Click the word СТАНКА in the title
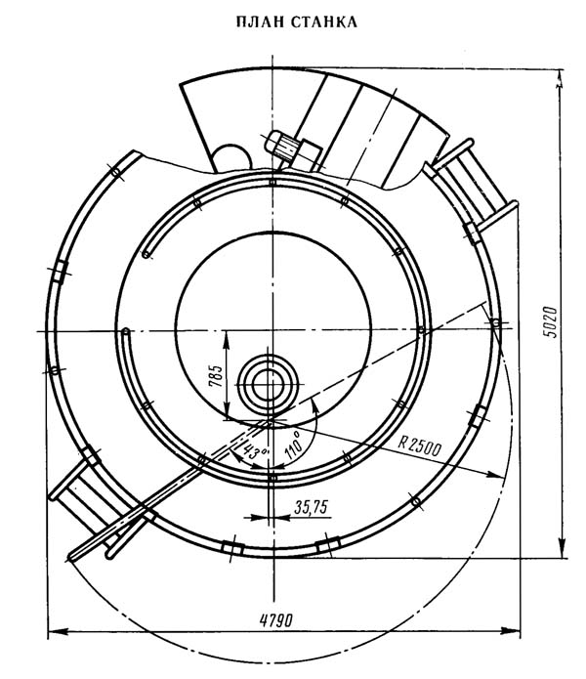pyautogui.click(x=324, y=21)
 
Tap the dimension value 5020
pyautogui.click(x=550, y=322)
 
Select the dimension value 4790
pyautogui.click(x=276, y=620)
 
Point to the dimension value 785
pyautogui.click(x=216, y=376)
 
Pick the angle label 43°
pyautogui.click(x=255, y=452)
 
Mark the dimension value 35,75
pyautogui.click(x=312, y=507)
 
